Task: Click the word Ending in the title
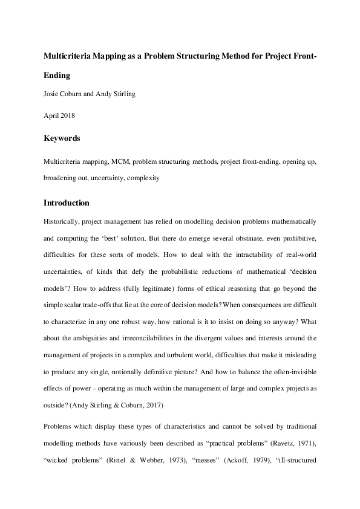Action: (57, 76)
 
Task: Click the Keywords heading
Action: (62, 138)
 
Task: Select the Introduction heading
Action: (67, 203)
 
